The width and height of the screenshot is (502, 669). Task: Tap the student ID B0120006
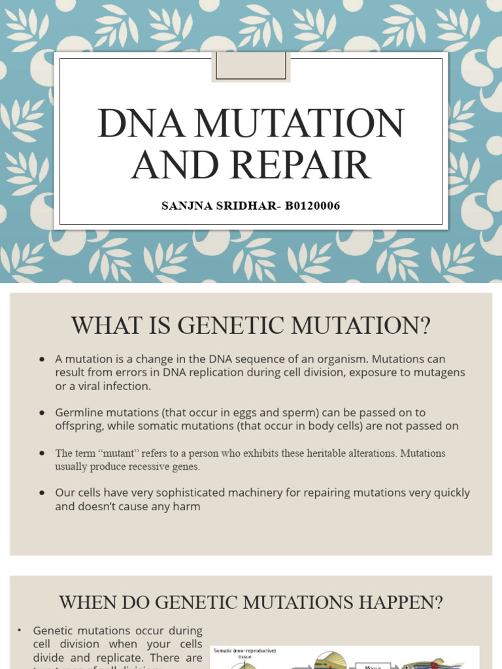[312, 206]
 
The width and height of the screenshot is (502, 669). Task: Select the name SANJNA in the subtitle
[187, 206]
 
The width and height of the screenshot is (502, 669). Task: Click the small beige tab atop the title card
[250, 66]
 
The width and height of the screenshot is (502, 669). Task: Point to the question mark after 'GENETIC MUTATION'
[425, 325]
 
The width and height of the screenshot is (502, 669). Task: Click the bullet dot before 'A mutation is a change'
[42, 359]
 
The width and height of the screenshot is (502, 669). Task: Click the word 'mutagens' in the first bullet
[443, 372]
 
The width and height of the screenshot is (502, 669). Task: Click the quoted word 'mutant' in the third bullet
[116, 453]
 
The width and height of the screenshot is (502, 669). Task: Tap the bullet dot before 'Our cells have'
[42, 493]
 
